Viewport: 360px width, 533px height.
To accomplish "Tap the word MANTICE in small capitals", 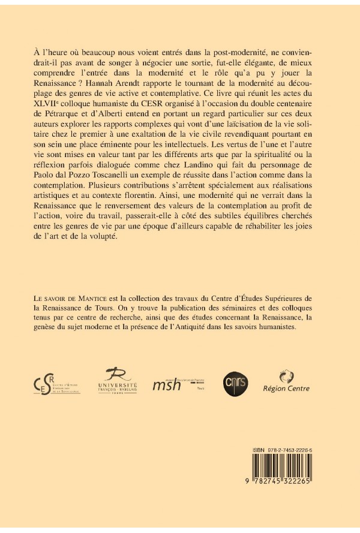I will [x=89, y=299].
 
